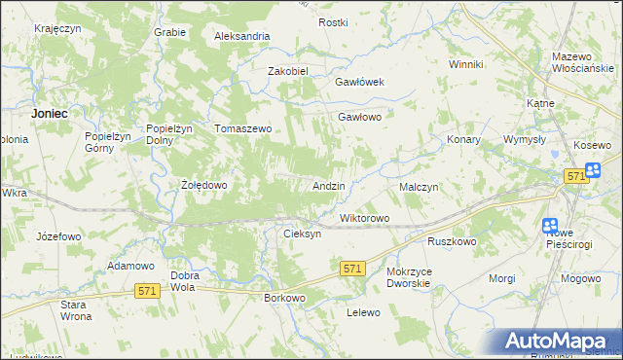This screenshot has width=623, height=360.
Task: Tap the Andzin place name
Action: [328, 185]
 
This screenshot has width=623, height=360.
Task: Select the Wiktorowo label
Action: [364, 218]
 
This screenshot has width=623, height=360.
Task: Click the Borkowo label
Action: [285, 298]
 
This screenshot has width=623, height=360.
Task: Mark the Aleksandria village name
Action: [242, 36]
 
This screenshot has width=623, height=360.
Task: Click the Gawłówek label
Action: [361, 82]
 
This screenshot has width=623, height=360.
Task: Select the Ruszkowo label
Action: [451, 241]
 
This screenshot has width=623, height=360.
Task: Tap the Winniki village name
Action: [465, 64]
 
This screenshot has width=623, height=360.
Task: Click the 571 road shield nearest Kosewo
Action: [575, 175]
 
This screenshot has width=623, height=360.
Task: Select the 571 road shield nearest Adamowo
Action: [148, 291]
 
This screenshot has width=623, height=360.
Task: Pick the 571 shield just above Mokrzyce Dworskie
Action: [353, 268]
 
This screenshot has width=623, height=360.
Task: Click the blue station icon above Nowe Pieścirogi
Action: [550, 225]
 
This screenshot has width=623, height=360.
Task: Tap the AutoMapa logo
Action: [558, 341]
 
